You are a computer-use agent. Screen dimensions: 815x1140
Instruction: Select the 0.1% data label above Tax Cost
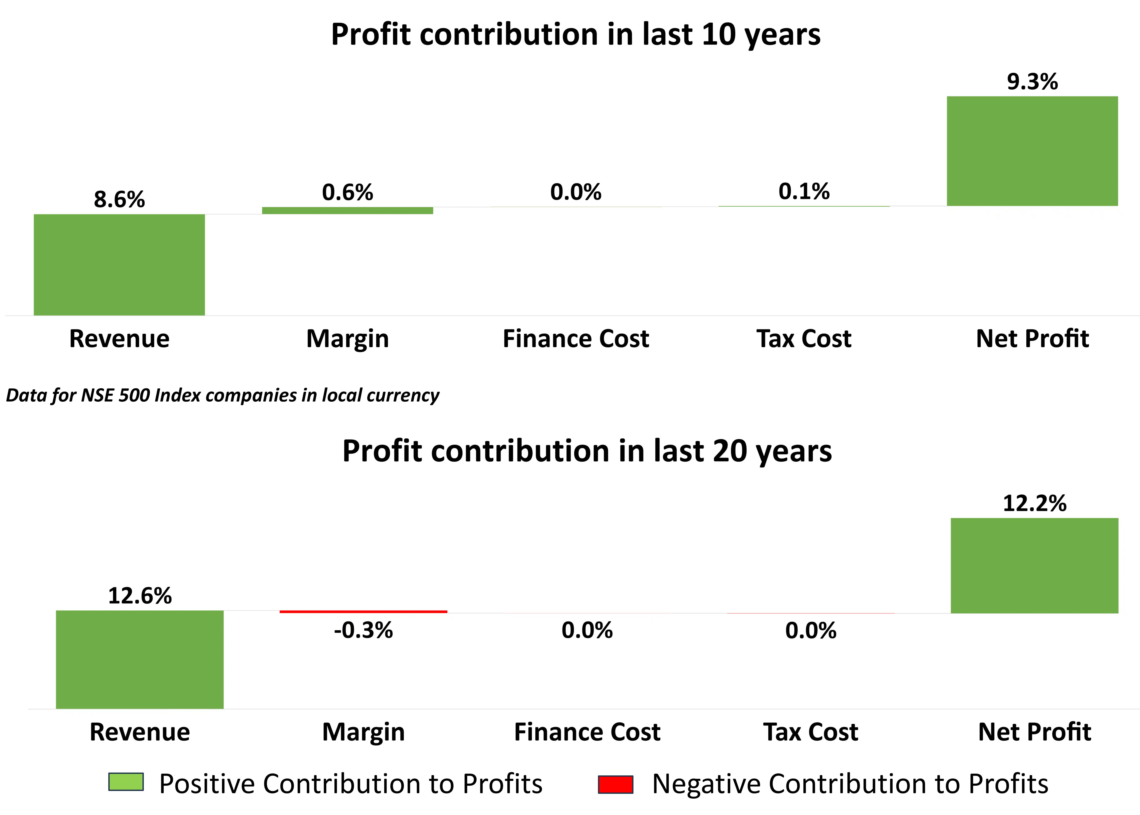point(804,191)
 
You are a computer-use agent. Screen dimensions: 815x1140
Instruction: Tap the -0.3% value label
point(363,630)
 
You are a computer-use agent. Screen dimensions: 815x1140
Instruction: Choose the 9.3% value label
point(1032,82)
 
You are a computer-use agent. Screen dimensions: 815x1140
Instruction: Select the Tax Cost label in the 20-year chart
point(810,732)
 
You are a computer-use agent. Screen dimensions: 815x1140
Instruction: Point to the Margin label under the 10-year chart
point(347,339)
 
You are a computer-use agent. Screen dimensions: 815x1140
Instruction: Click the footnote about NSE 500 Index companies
point(222,395)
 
